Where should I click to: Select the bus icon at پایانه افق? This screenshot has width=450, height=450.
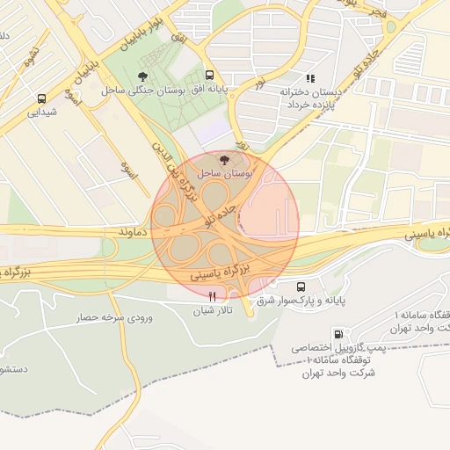click(209, 76)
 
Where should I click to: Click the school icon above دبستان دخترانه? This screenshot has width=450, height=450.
click(308, 77)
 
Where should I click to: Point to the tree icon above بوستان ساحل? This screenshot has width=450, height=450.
click(224, 160)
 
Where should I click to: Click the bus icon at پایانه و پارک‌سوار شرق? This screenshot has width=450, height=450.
click(301, 287)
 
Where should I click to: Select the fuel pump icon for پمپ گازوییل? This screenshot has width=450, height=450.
click(338, 334)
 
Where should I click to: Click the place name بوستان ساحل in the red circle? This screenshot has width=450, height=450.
click(225, 174)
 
